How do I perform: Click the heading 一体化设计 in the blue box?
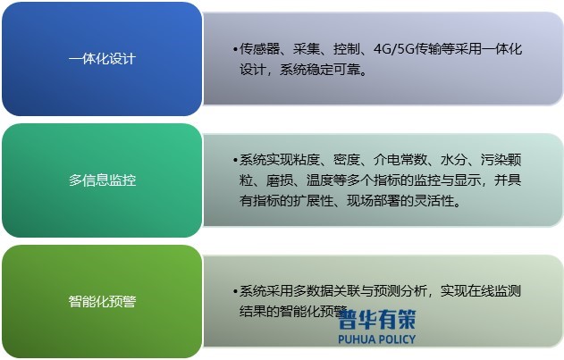pos(102,59)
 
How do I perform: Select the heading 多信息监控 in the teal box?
pos(102,180)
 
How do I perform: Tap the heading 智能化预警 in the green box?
pos(102,301)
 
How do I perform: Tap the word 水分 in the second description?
pos(453,161)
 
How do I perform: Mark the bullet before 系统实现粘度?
pos(234,161)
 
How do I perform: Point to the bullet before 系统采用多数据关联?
pos(234,291)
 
